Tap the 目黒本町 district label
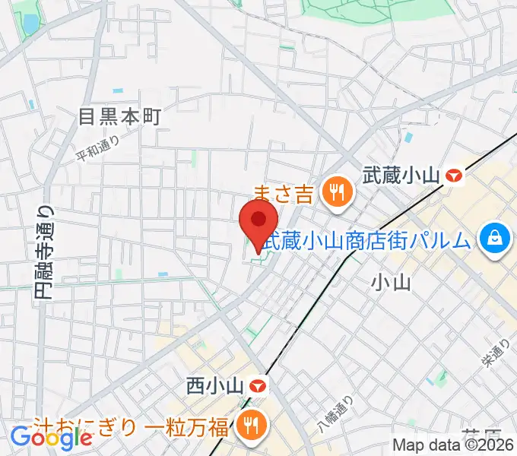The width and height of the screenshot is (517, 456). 121,116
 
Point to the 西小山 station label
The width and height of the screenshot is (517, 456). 214,386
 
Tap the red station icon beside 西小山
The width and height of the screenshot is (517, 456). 259,386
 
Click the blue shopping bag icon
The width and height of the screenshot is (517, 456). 494,240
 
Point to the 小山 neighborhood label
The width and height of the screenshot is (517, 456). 392,283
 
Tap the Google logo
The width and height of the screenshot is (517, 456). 51,438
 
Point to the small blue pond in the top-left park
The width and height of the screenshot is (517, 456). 30,24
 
